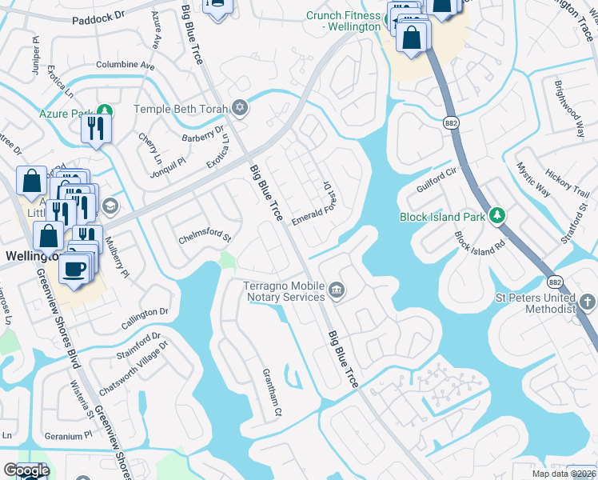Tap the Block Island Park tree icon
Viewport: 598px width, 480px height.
click(497, 216)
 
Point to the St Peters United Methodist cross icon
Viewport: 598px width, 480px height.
click(588, 302)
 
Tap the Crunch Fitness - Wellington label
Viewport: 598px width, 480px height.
click(344, 22)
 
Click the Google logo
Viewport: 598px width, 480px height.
click(26, 470)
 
